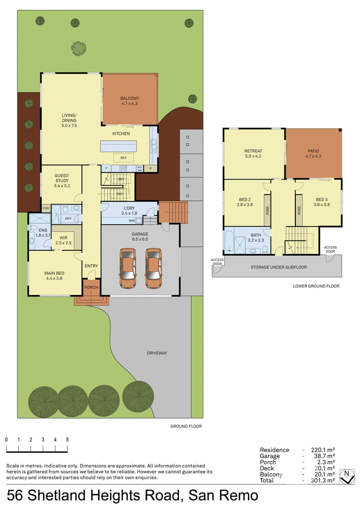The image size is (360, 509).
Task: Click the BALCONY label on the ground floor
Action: click(x=130, y=99)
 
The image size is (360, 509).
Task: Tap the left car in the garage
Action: click(x=128, y=269)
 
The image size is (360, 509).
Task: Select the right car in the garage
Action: click(x=153, y=269)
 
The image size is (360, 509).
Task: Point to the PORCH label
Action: click(x=91, y=287)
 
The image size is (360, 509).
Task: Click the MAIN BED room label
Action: click(x=54, y=273)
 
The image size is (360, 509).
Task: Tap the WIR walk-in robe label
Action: click(x=63, y=238)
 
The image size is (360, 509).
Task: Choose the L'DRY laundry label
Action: click(x=129, y=208)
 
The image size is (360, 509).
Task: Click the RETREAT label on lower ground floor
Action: click(x=253, y=151)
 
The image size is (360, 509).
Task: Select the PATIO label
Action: click(x=313, y=151)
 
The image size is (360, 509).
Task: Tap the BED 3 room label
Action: click(x=322, y=200)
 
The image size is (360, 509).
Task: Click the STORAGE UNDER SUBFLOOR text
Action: click(x=279, y=267)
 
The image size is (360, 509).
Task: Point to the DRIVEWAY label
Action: click(x=157, y=353)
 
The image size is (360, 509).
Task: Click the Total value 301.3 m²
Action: click(x=323, y=480)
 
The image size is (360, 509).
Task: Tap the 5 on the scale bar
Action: click(x=67, y=440)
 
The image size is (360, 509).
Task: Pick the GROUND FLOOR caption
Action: click(x=186, y=426)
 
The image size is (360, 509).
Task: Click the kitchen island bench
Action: click(x=118, y=146)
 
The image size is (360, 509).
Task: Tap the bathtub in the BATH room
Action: click(x=229, y=241)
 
